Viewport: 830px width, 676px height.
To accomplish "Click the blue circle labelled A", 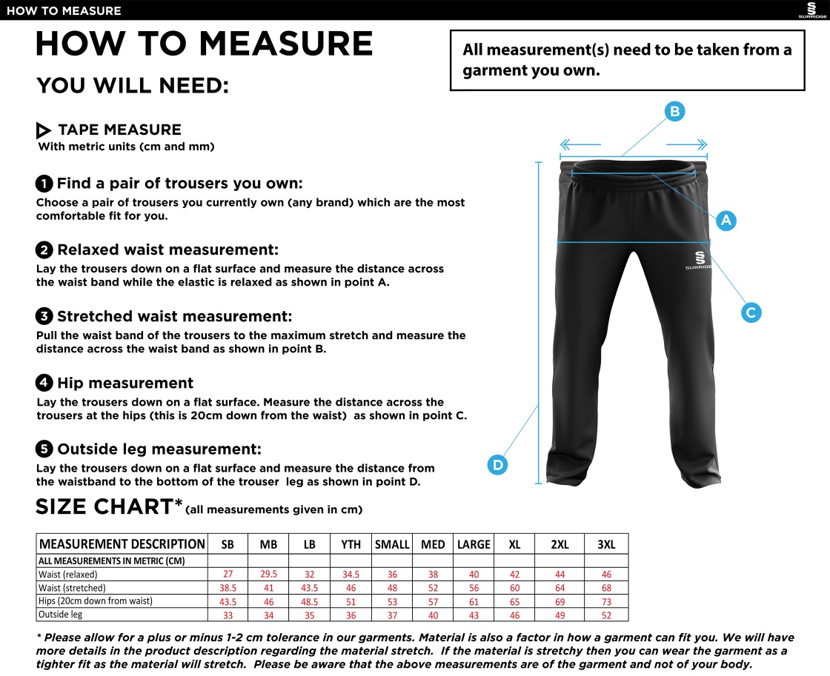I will click(x=726, y=220).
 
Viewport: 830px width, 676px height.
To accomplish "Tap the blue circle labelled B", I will click(x=674, y=112).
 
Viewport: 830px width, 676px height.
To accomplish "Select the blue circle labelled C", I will click(x=751, y=312).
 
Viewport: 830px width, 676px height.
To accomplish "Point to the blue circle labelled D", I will click(x=498, y=465).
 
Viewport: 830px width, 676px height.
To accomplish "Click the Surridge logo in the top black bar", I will click(x=811, y=10).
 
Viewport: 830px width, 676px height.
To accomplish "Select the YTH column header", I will click(x=351, y=544).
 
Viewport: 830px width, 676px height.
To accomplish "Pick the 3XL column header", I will click(x=606, y=544).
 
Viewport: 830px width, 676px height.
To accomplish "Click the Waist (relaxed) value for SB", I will click(x=228, y=575).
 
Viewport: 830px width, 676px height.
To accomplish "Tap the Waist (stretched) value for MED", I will click(x=433, y=588).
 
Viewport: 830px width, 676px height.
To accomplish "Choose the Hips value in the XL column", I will click(x=514, y=601).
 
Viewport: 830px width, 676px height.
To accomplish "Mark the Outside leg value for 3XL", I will click(x=606, y=615).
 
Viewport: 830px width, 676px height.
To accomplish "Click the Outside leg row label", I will click(x=61, y=615).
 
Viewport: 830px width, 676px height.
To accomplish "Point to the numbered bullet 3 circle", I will click(x=44, y=317).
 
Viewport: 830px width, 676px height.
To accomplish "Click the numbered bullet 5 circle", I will click(x=44, y=449).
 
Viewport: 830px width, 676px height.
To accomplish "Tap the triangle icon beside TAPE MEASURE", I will click(x=44, y=131).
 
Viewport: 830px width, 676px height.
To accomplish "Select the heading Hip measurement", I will click(x=125, y=383).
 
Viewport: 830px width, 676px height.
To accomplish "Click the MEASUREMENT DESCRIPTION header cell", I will click(x=122, y=544).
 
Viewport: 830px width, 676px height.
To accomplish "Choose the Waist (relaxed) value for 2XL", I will click(x=560, y=575).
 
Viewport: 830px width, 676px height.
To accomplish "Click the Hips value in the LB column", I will click(x=309, y=601).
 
